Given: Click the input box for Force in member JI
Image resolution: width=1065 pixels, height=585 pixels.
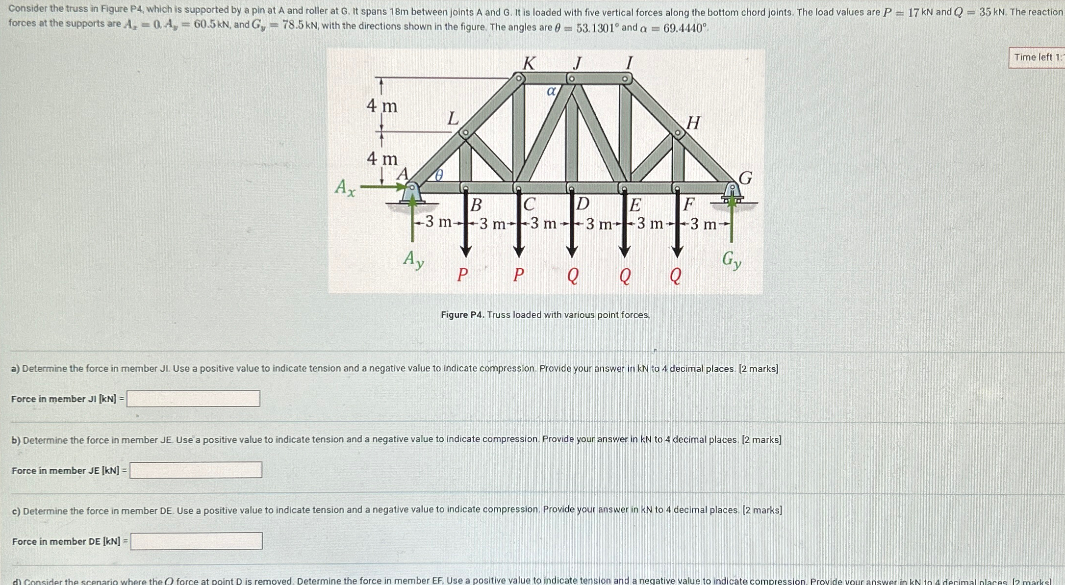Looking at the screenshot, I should (193, 399).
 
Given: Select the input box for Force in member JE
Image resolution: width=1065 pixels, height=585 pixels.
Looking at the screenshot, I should (196, 470).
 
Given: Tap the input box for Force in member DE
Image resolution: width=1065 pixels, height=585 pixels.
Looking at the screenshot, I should (196, 541).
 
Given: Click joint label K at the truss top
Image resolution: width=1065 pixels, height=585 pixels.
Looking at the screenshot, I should (529, 63).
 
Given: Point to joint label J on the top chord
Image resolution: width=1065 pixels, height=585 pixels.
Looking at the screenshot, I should (578, 63).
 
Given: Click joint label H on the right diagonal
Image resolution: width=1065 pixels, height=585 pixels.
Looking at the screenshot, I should (693, 123).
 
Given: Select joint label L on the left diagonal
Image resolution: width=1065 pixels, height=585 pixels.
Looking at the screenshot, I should (453, 119).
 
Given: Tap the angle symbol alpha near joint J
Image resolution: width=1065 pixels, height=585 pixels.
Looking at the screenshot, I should (551, 91).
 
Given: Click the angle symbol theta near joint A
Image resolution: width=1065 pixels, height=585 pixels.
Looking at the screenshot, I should (439, 175).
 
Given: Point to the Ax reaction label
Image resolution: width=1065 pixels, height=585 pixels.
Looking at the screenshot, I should (345, 187).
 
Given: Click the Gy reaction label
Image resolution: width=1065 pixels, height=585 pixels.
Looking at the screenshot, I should (731, 259).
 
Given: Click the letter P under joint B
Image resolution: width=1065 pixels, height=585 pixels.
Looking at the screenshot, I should (462, 275).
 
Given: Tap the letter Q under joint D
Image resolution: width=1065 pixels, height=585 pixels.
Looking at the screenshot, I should (572, 276).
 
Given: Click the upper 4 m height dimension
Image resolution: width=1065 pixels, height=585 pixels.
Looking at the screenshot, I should (382, 106).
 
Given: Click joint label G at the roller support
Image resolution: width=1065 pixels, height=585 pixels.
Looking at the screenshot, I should (745, 178).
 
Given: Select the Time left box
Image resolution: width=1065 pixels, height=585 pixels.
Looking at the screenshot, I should (1036, 57).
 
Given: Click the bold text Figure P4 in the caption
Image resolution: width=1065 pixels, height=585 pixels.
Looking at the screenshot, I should (462, 315).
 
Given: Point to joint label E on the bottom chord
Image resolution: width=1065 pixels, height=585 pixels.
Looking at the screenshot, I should (635, 204).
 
